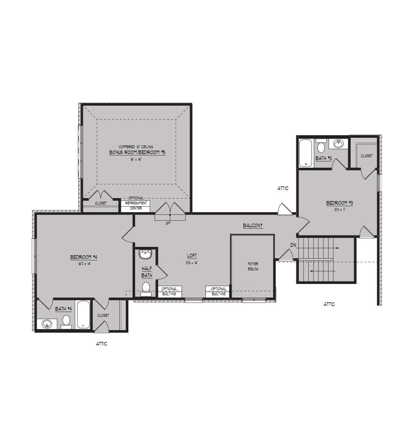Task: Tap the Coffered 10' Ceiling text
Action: click(136, 147)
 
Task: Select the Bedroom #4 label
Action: click(84, 257)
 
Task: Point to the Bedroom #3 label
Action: click(339, 203)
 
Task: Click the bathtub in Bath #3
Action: click(305, 153)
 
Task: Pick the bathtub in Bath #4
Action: click(83, 314)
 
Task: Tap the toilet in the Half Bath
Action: click(147, 288)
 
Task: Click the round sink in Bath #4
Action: click(47, 324)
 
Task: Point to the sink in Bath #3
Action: click(338, 144)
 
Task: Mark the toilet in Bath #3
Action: click(321, 147)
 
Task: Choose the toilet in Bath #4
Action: click(66, 321)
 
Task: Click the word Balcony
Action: click(253, 226)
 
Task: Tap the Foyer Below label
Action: click(253, 266)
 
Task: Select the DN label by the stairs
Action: click(293, 245)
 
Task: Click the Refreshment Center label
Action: click(136, 205)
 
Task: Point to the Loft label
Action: click(192, 256)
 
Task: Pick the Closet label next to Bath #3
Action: click(367, 156)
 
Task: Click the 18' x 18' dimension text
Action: click(136, 160)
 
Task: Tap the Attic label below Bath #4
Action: click(102, 344)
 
